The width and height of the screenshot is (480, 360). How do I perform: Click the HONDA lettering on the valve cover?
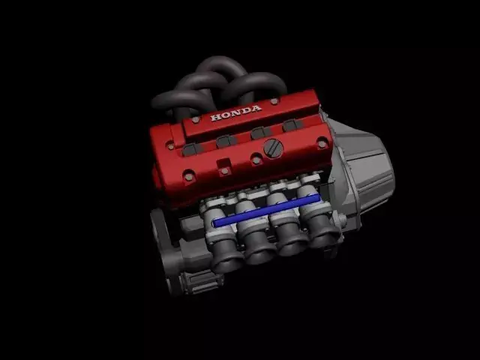(x=236, y=113)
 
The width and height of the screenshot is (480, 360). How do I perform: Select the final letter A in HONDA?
(x=257, y=109)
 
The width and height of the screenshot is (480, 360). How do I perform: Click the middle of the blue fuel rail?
(x=266, y=211)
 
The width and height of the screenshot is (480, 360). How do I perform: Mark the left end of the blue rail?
(x=216, y=223)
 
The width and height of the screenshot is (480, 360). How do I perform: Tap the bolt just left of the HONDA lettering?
(x=196, y=119)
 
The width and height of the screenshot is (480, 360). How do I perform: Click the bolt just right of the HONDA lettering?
(x=274, y=101)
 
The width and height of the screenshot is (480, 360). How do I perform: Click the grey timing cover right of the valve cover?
(x=364, y=169)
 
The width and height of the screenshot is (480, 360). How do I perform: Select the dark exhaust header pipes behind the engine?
(x=217, y=82)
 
